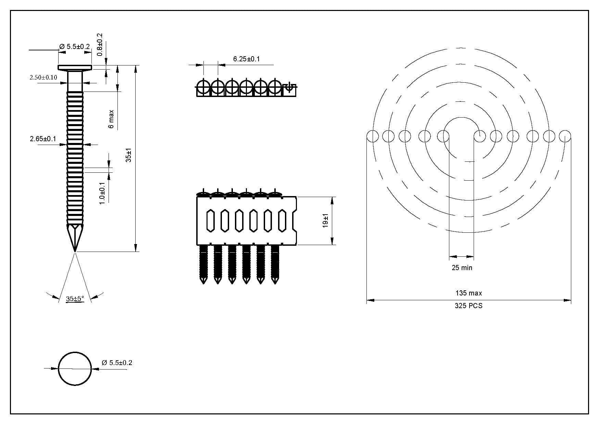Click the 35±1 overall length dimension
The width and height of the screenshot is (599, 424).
128,155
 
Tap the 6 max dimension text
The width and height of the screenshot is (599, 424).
111,119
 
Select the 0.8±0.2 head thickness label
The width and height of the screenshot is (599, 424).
100,45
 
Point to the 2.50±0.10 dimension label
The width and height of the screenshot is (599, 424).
43,77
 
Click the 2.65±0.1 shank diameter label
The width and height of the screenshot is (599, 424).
43,139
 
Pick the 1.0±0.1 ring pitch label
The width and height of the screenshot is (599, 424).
102,193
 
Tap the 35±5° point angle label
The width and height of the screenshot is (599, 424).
75,299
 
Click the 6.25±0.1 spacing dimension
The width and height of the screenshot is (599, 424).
247,59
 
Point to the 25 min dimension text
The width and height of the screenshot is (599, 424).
462,268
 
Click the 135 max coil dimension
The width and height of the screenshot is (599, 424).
469,293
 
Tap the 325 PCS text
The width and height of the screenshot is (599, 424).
469,306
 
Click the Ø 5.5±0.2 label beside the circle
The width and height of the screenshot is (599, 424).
117,363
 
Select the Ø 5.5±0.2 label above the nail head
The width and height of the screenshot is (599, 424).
75,47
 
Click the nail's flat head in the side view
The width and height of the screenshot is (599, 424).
75,67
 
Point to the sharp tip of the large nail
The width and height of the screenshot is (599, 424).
75,252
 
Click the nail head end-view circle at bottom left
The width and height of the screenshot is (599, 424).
75,369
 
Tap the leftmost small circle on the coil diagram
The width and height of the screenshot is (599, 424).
373,136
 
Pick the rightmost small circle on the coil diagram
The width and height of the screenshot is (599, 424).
565,136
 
